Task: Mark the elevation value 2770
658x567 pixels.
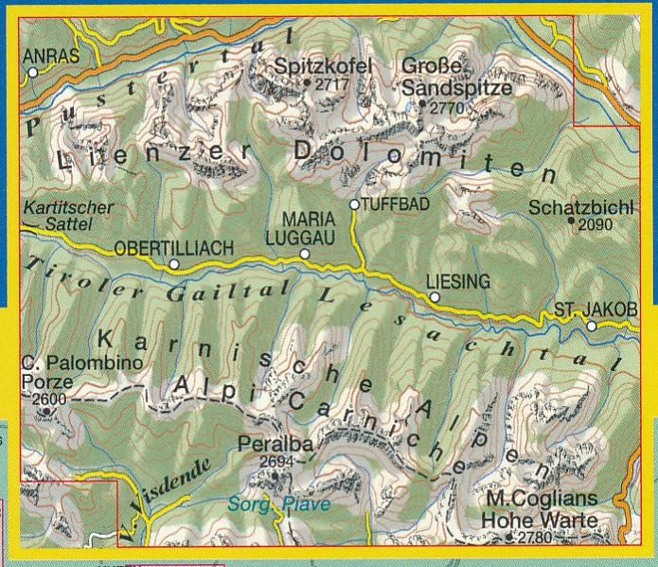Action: (x=447, y=109)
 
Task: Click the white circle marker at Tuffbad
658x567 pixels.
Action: (x=354, y=204)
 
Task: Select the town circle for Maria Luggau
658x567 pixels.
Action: (x=305, y=254)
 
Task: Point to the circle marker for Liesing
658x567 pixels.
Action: (x=435, y=297)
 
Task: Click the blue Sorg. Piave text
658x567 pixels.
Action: (x=280, y=505)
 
